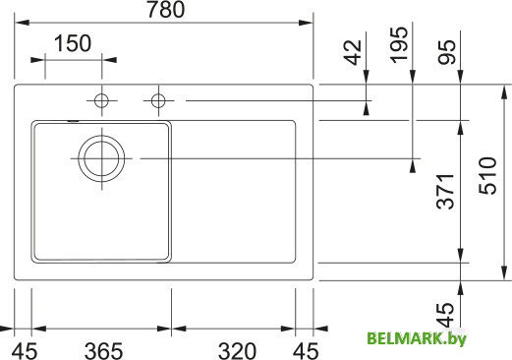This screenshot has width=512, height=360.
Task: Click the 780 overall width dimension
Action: point(164,13)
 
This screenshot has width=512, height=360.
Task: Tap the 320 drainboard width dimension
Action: point(239,348)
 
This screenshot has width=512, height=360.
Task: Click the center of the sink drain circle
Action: point(101,157)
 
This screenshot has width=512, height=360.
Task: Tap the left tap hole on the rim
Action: point(100,100)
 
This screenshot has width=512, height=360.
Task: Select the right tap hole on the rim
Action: point(157,100)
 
